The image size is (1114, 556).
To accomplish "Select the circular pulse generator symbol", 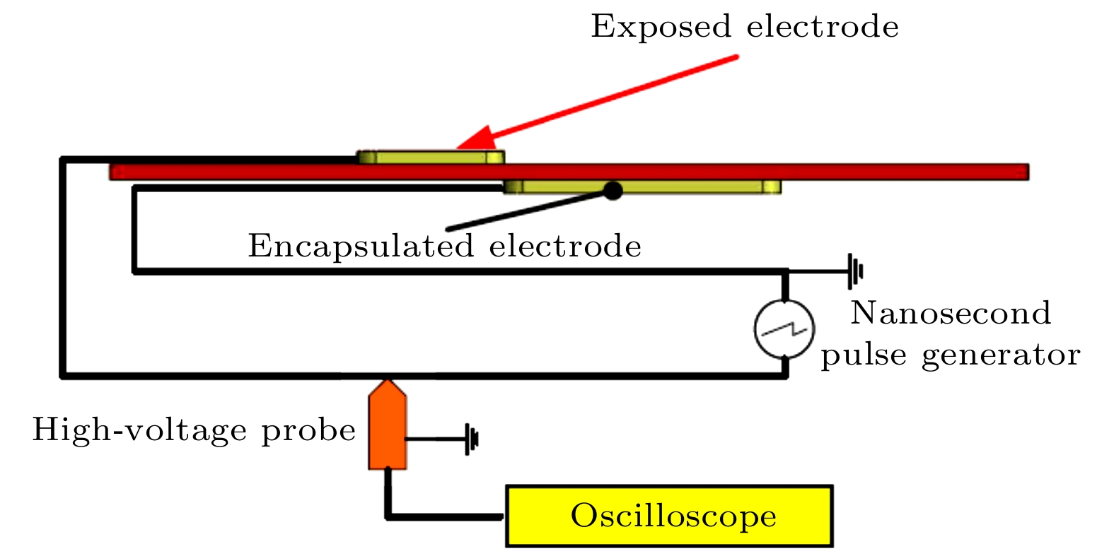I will tap(784, 329).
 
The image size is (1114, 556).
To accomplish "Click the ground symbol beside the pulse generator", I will tap(855, 271).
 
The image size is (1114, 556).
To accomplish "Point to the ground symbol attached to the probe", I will tap(471, 439).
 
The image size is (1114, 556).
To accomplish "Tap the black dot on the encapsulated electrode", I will tap(613, 190).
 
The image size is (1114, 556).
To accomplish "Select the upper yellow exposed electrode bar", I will tap(431, 157).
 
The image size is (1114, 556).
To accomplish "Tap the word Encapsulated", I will tap(361, 247).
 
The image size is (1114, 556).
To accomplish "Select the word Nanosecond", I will tap(951, 313).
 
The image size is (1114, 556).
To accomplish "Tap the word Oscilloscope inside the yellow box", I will tap(673, 516).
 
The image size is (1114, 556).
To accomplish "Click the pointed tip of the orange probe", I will tap(387, 382).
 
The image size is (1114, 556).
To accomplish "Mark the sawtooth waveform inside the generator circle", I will tap(784, 329).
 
